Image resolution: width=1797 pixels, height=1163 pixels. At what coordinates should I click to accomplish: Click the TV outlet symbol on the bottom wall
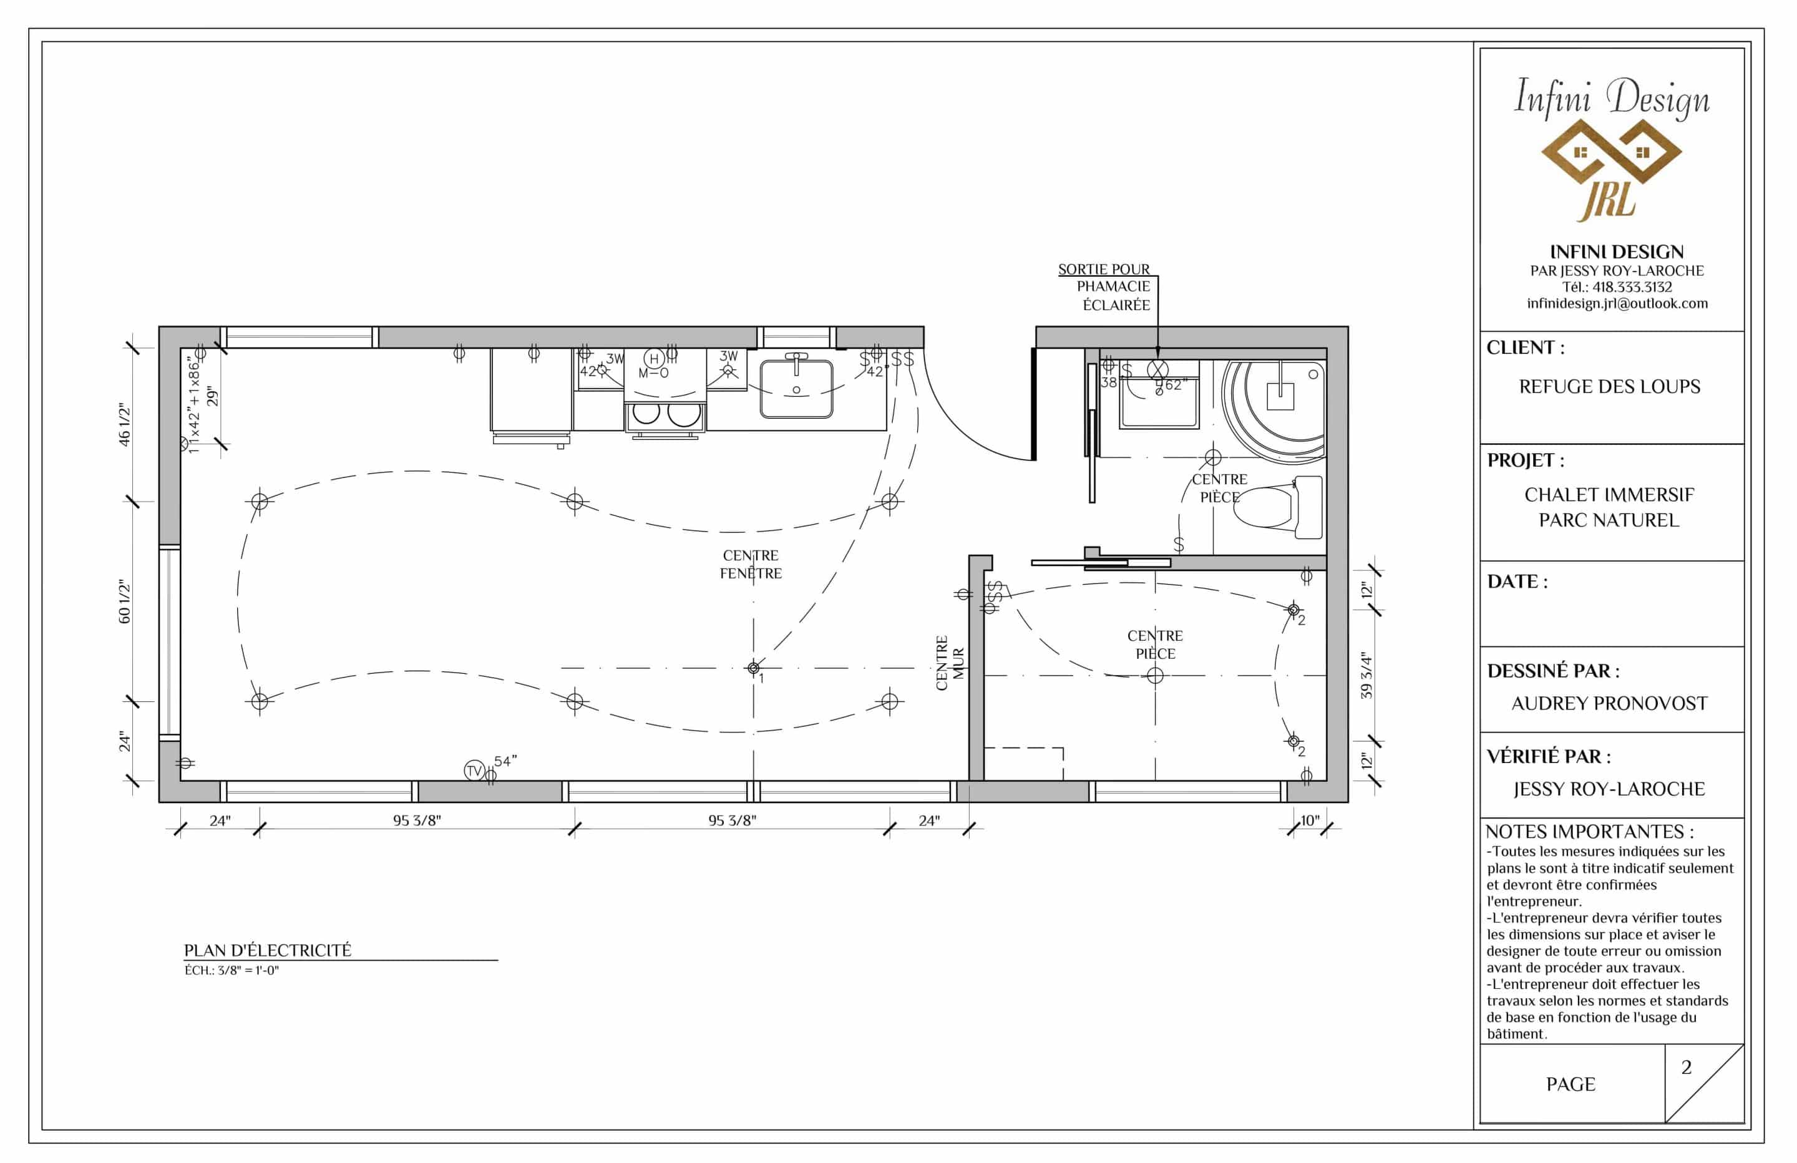[x=474, y=771]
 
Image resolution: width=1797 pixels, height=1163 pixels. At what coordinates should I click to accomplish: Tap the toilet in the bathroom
[x=1278, y=507]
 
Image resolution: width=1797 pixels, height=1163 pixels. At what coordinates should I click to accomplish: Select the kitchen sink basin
[x=797, y=389]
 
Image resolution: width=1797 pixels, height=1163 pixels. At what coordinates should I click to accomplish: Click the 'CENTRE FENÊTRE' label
[x=751, y=564]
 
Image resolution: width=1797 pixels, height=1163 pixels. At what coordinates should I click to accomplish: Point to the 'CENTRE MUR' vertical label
[x=950, y=663]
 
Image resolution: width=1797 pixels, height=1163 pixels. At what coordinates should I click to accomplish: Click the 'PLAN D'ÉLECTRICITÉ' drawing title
[x=267, y=950]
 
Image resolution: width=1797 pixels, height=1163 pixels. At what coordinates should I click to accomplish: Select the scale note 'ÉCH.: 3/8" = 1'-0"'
[x=231, y=970]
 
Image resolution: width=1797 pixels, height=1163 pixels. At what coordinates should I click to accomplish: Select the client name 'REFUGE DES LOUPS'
[x=1610, y=387]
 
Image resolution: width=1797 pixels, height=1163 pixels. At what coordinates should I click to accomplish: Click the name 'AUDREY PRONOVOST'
[x=1609, y=703]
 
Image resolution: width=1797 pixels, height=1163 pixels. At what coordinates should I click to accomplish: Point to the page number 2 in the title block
[x=1686, y=1067]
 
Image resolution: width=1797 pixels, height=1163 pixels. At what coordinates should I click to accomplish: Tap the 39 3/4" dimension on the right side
[x=1366, y=675]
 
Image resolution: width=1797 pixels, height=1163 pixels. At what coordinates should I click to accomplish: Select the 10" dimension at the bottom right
[x=1310, y=820]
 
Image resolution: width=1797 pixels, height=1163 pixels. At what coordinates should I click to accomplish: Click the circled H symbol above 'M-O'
[x=654, y=358]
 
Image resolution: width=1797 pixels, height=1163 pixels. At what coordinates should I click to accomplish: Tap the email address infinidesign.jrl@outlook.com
[x=1617, y=304]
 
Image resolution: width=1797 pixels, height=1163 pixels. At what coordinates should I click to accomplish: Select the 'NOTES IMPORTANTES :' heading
[x=1589, y=832]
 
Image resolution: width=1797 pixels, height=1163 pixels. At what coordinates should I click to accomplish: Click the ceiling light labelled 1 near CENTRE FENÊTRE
[x=752, y=668]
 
